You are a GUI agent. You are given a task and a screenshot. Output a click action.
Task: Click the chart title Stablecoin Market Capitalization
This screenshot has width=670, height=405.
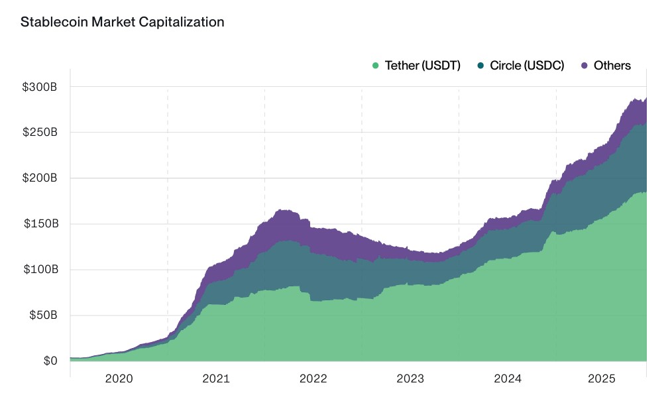(x=123, y=22)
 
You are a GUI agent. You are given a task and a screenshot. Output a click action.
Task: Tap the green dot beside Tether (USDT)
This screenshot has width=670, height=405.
(x=376, y=66)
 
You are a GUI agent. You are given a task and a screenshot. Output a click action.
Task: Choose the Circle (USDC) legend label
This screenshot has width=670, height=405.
(x=527, y=66)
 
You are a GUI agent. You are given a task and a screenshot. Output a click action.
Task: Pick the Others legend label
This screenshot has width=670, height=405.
(x=612, y=66)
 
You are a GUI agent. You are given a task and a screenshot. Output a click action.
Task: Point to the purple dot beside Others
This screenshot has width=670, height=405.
(x=585, y=66)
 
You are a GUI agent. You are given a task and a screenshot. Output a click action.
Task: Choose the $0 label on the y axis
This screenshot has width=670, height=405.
(x=51, y=361)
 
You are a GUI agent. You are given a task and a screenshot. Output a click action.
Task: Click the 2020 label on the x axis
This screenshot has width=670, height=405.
(x=119, y=379)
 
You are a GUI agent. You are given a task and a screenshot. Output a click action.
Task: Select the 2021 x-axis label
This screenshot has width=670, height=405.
(x=216, y=379)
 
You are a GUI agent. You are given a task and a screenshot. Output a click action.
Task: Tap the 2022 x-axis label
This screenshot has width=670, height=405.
(x=313, y=379)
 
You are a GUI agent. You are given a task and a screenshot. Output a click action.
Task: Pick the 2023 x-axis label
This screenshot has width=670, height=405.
(x=410, y=379)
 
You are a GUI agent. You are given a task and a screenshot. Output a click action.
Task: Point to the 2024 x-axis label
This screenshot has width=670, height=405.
(x=508, y=379)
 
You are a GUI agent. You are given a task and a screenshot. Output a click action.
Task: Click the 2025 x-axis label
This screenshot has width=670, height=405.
(x=604, y=379)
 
